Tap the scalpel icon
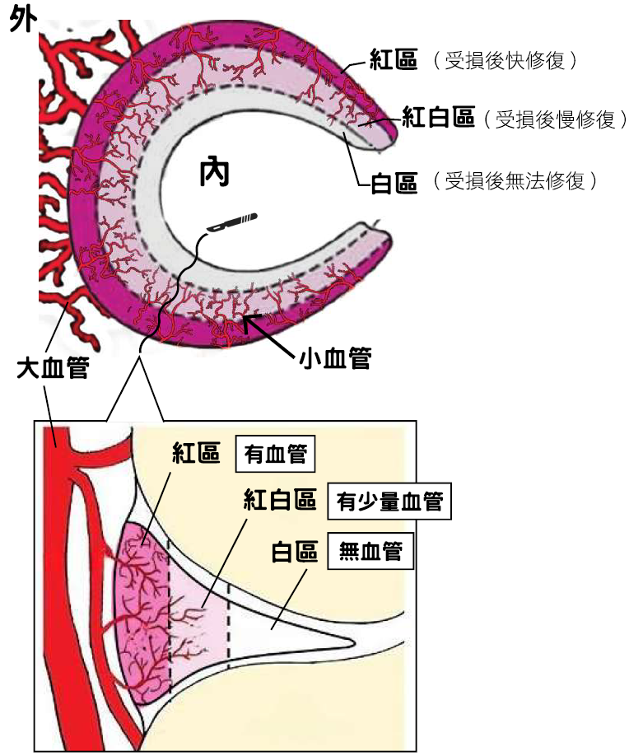coord(232,222)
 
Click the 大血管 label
coord(53,368)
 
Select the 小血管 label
coord(335,358)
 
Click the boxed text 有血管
coord(275,454)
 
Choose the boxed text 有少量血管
coord(389,502)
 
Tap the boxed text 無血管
coord(370,551)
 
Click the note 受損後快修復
coord(505,61)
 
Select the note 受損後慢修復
coord(555,119)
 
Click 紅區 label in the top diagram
coord(394,60)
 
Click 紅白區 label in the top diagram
coord(438,118)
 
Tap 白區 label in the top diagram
coord(394,183)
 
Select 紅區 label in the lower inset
coord(196,453)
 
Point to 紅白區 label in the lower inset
coord(280,499)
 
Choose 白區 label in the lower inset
coord(295,552)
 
